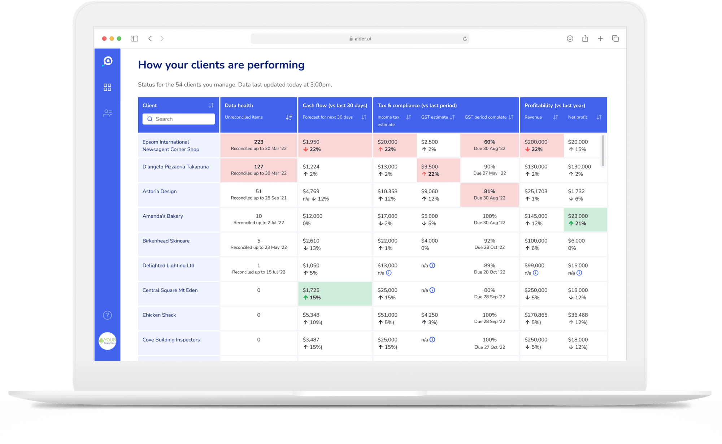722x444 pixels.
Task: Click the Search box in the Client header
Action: click(179, 119)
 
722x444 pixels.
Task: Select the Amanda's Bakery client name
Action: click(162, 216)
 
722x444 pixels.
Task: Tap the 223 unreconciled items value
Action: click(258, 142)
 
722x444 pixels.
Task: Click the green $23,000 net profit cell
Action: click(585, 220)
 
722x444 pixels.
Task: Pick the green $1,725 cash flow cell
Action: click(335, 294)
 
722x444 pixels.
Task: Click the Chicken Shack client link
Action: click(159, 315)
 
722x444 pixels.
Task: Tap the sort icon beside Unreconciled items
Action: click(289, 117)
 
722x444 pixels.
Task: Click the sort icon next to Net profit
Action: click(599, 117)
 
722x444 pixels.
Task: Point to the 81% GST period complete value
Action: click(490, 192)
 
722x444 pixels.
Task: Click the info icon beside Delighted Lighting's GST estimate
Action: click(432, 265)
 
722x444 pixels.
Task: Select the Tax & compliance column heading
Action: click(417, 105)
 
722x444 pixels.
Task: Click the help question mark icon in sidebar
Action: click(107, 315)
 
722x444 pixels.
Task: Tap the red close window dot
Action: click(104, 39)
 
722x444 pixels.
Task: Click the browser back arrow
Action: click(150, 39)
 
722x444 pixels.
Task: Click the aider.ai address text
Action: click(362, 39)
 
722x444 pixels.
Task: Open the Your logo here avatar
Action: click(107, 341)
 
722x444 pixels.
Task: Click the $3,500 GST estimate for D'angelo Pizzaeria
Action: click(429, 167)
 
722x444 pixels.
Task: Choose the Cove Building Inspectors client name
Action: click(171, 340)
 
